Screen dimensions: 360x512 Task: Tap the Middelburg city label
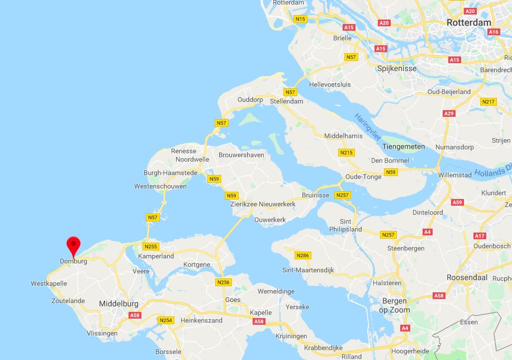(118, 304)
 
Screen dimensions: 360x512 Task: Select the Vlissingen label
(102, 333)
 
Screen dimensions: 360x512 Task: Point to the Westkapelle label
(49, 283)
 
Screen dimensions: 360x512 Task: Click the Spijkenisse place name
(397, 68)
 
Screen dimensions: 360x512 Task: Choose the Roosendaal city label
(467, 277)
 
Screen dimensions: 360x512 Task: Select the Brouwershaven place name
(241, 154)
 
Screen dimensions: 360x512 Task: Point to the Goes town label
(233, 300)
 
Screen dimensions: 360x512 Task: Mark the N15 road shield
(301, 19)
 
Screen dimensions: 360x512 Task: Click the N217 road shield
(488, 102)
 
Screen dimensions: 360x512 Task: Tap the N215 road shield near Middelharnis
(347, 153)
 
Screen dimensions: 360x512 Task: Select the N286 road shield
(302, 255)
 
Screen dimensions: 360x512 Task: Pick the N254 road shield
(165, 320)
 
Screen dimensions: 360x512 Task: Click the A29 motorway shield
(449, 113)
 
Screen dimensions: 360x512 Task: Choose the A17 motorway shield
(480, 236)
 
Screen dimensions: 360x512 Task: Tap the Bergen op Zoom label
(395, 306)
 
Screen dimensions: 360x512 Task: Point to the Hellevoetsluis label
(330, 84)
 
